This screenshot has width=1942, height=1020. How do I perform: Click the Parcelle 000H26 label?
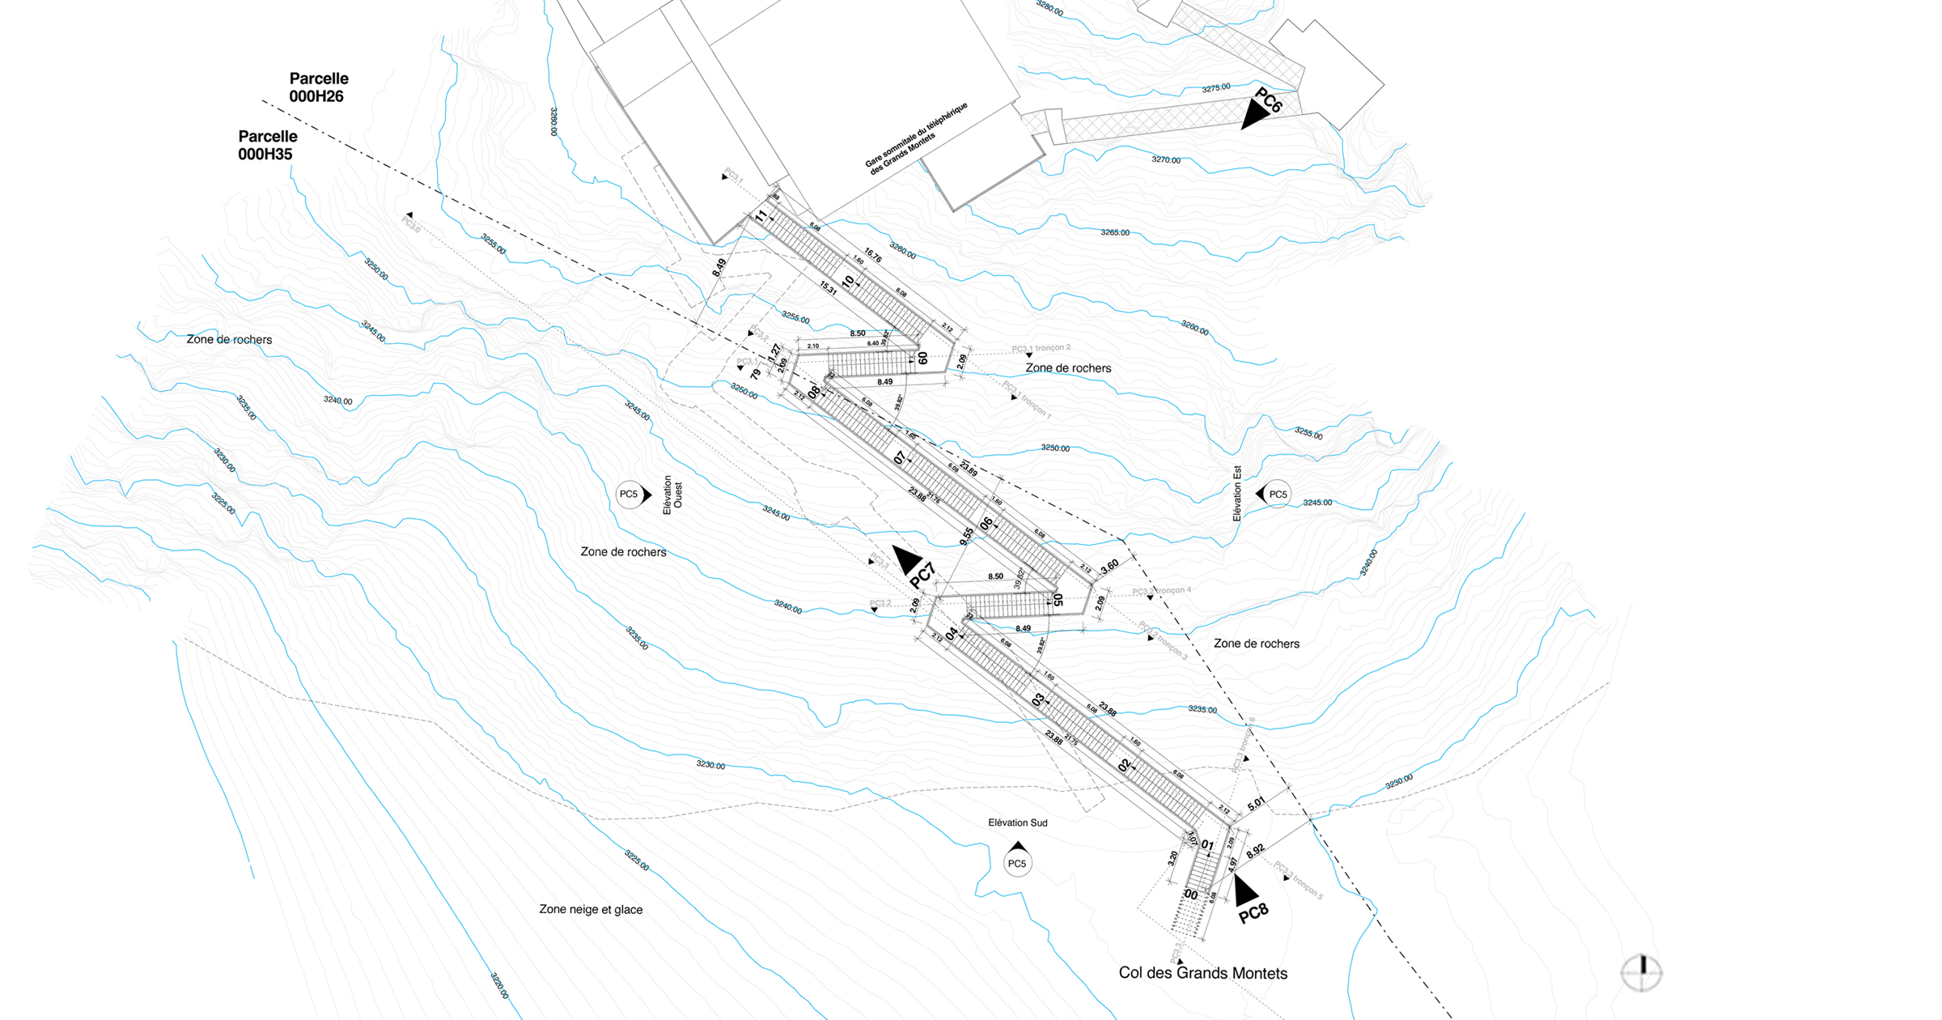click(x=319, y=87)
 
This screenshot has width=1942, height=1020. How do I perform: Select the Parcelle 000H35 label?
click(x=267, y=146)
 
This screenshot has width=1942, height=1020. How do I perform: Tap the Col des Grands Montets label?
click(x=1202, y=973)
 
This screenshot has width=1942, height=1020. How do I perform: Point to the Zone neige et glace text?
click(x=591, y=910)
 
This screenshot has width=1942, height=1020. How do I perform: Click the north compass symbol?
click(x=1642, y=972)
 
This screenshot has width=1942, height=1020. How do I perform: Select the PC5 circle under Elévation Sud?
click(x=1017, y=864)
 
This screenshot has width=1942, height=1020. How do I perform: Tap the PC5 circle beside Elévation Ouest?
click(x=629, y=495)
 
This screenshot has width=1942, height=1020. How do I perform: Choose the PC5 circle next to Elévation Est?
click(x=1277, y=495)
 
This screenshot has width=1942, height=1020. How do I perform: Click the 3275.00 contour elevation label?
click(x=1216, y=88)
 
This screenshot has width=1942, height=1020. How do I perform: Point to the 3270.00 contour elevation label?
click(x=1166, y=160)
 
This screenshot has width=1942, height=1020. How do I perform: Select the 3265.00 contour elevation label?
click(x=1115, y=233)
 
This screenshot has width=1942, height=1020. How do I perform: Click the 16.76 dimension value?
click(x=872, y=255)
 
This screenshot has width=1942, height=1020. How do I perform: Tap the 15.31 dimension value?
click(x=828, y=287)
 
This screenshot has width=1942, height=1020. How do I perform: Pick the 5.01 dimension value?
click(x=1256, y=804)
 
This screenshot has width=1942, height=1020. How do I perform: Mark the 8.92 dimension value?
click(x=1255, y=852)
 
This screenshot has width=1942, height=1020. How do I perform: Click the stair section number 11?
click(x=761, y=216)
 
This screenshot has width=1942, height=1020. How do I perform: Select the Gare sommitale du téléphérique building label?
click(x=916, y=138)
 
